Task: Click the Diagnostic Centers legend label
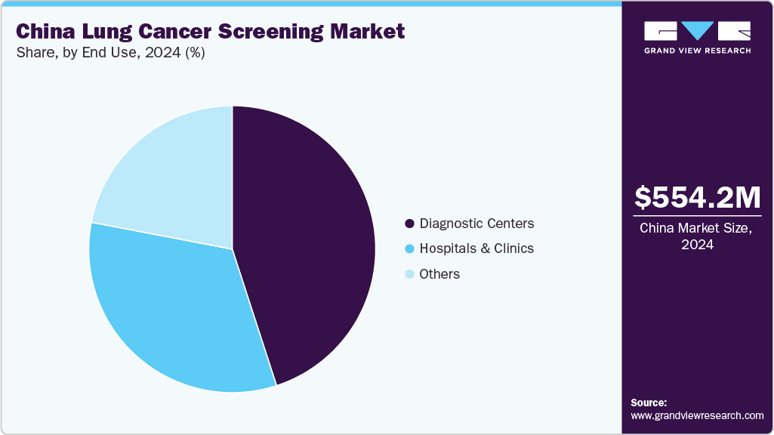[x=476, y=224]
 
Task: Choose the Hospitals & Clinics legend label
[x=476, y=248]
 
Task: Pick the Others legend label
[x=439, y=274]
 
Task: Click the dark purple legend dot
[x=409, y=224]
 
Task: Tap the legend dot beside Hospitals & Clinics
[x=409, y=249]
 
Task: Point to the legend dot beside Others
[x=409, y=274]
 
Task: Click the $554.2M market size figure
[x=697, y=197]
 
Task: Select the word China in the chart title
[x=45, y=32]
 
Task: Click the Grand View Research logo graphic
[x=697, y=30]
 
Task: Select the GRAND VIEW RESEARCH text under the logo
[x=697, y=51]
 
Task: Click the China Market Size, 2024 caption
[x=697, y=236]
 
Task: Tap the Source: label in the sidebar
[x=649, y=403]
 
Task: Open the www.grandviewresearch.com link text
[x=697, y=415]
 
